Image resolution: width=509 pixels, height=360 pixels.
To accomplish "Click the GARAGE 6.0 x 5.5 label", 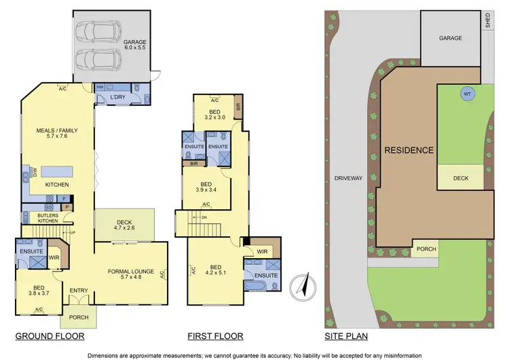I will coord(140,46).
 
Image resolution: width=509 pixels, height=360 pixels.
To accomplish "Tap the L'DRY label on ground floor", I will coord(119,98).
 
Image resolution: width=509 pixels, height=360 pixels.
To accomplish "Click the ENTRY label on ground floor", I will coord(79,291).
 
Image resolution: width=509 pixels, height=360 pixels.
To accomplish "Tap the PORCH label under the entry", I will coord(79,315).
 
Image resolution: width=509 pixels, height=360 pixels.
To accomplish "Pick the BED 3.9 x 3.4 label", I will coord(206,187).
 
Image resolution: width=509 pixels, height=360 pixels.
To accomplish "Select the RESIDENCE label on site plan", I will coord(409,150).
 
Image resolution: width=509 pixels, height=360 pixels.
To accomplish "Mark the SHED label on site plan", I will coord(487,20).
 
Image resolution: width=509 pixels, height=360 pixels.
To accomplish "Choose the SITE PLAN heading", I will coord(345,336).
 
